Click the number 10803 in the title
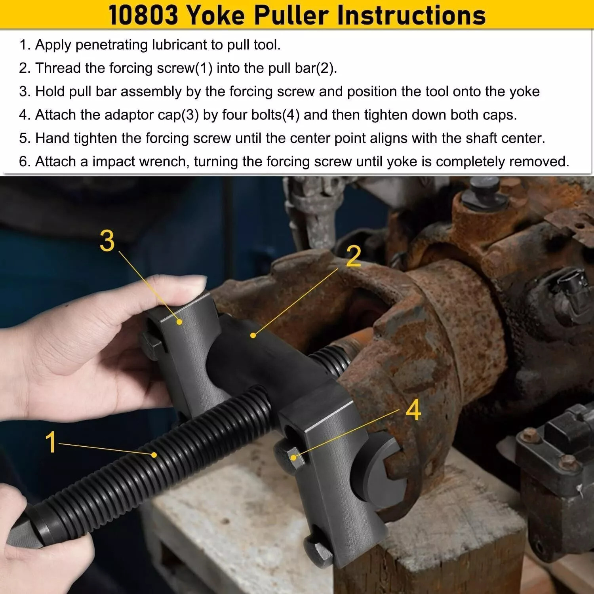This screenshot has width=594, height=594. click(x=143, y=15)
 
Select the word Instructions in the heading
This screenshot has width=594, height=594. click(x=411, y=15)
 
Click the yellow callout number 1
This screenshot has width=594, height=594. click(x=51, y=442)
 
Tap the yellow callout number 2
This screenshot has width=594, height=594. click(x=353, y=257)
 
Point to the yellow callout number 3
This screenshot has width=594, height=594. click(x=107, y=241)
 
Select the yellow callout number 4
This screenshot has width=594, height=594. click(x=413, y=410)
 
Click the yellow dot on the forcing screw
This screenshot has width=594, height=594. click(x=154, y=455)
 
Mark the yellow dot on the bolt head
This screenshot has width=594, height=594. click(x=293, y=457)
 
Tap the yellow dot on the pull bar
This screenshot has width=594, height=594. click(x=253, y=335)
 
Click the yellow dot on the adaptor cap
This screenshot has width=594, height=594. click(x=180, y=322)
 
